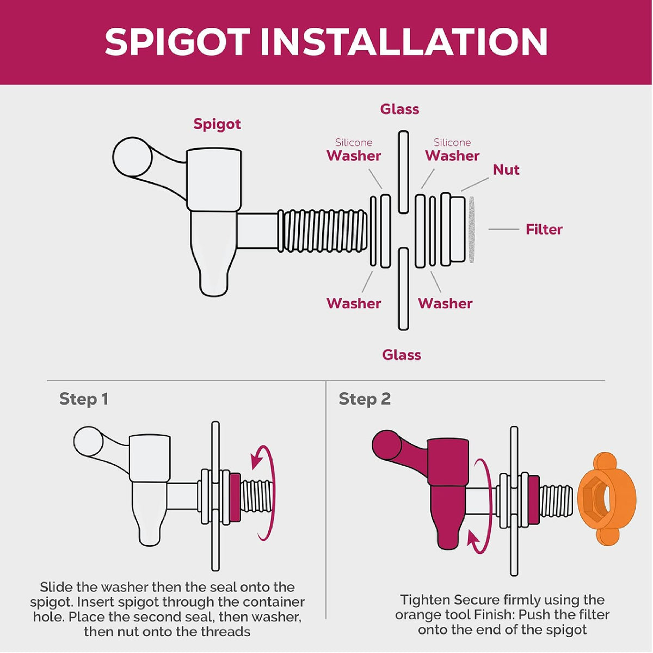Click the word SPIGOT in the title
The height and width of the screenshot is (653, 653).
pos(177,42)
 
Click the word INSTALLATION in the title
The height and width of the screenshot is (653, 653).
pos(404,42)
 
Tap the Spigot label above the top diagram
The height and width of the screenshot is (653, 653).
pos(217,125)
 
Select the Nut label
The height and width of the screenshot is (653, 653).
pos(506,169)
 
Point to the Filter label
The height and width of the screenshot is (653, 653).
pos(544,230)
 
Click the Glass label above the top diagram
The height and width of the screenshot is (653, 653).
pos(399,109)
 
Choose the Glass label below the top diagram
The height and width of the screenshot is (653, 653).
pos(402,355)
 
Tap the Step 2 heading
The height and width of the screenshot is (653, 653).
pos(365,399)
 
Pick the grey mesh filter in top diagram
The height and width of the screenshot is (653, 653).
pos(471,230)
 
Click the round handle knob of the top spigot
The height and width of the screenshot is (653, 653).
pos(132,157)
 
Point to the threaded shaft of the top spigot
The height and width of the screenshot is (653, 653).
pos(322,231)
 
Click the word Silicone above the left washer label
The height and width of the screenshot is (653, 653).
pos(354,143)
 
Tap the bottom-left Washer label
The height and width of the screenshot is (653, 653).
pos(354,303)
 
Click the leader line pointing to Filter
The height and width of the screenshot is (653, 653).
pos(503,230)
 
